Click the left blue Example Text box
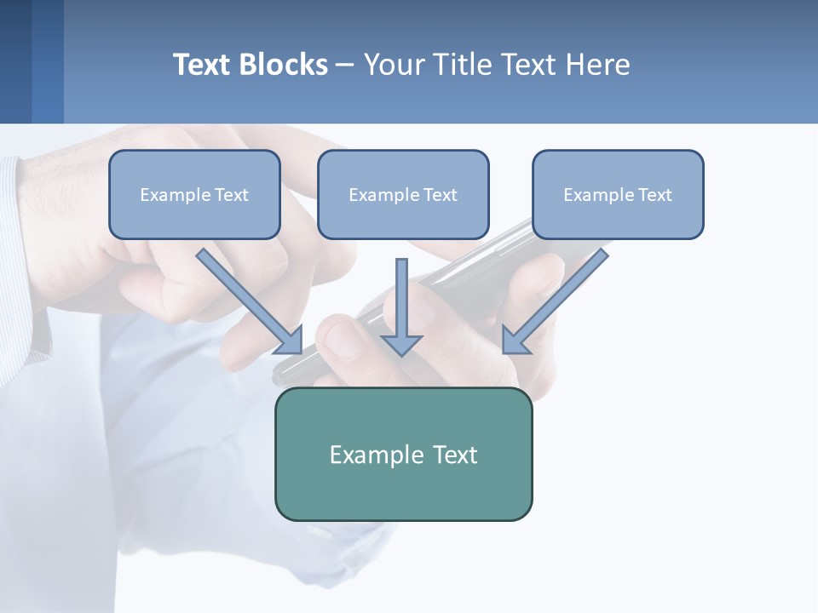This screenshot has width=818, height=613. point(194,194)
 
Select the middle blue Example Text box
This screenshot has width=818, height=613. point(403,194)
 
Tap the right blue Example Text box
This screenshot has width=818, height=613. point(618,194)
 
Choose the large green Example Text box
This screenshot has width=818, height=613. point(403,454)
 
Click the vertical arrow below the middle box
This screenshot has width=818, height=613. point(401,306)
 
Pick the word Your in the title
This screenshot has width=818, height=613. point(395,65)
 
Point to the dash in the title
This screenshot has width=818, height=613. point(345,65)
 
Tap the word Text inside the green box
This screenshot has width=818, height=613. point(455,455)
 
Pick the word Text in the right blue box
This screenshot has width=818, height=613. point(654,195)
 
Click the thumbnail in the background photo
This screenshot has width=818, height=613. point(343,339)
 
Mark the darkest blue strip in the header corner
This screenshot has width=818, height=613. point(15,61)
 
